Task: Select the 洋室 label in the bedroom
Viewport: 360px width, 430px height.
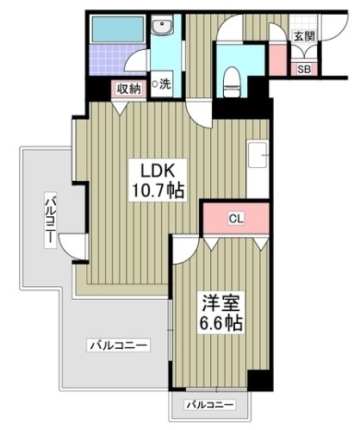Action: (x=221, y=304)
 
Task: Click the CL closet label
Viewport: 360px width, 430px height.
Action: (x=235, y=218)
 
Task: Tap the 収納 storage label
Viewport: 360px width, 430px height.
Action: (x=130, y=87)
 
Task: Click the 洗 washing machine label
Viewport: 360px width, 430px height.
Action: (x=161, y=85)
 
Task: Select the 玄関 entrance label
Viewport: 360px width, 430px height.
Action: (x=303, y=36)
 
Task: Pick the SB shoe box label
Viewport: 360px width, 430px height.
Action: (x=305, y=70)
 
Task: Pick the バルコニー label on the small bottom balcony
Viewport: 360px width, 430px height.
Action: (x=210, y=404)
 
